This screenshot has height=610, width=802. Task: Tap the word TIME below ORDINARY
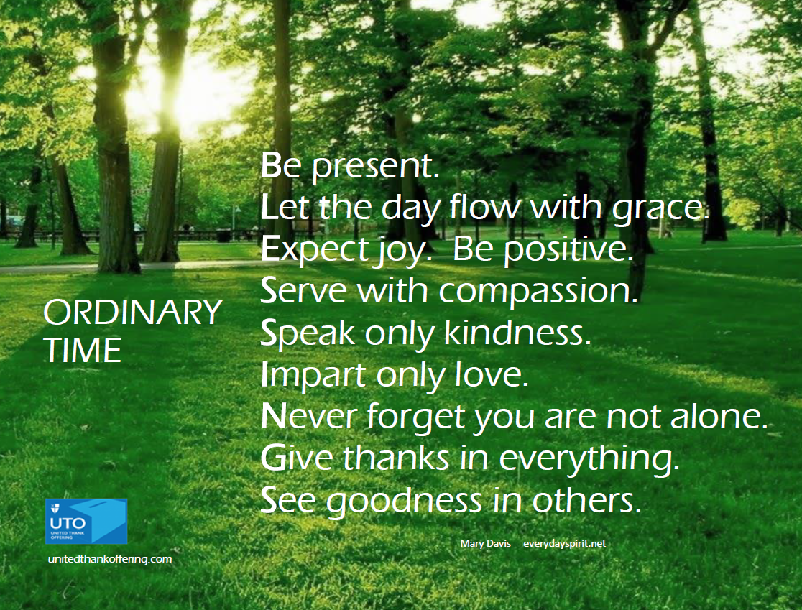click(83, 350)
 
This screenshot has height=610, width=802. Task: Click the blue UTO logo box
click(86, 521)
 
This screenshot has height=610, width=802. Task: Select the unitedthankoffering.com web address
click(110, 559)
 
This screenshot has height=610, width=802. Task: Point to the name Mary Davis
click(485, 543)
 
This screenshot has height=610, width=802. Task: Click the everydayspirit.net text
click(564, 543)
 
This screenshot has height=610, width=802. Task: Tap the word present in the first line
click(375, 167)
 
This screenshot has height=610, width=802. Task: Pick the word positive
click(568, 250)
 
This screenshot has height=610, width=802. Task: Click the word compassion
click(538, 292)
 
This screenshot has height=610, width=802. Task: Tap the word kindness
click(517, 333)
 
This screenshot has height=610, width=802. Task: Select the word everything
click(589, 458)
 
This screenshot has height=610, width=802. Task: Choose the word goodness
click(404, 501)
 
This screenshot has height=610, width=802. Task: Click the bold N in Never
click(273, 416)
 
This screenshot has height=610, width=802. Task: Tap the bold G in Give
click(272, 458)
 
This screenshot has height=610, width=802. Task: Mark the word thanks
click(397, 457)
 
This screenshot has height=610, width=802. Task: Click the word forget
click(416, 417)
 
